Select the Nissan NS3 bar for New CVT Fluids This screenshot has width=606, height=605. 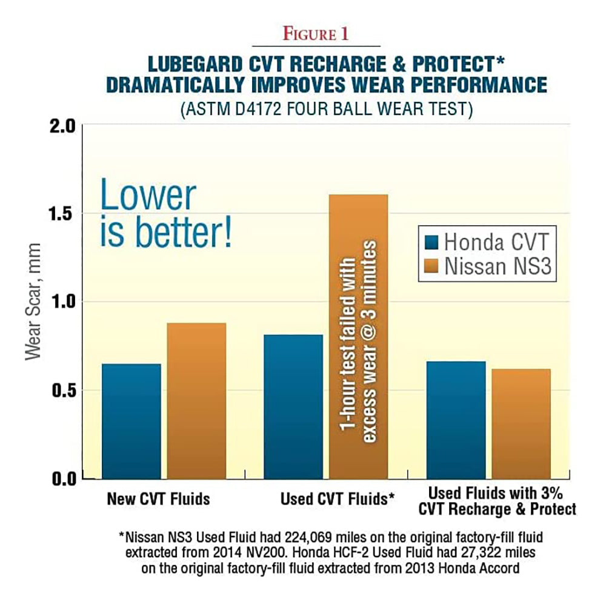[x=196, y=400]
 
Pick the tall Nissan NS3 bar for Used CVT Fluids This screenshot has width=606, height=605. [x=358, y=336]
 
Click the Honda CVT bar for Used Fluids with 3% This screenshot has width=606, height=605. [x=456, y=420]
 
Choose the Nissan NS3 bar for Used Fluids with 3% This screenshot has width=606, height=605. [x=521, y=423]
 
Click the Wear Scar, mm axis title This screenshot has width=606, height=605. [x=33, y=301]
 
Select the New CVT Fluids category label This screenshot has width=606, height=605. [x=158, y=500]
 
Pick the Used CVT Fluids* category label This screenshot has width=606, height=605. [x=338, y=500]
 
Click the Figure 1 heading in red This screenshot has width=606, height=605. [x=316, y=35]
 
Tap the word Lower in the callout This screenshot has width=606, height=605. [x=148, y=196]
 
